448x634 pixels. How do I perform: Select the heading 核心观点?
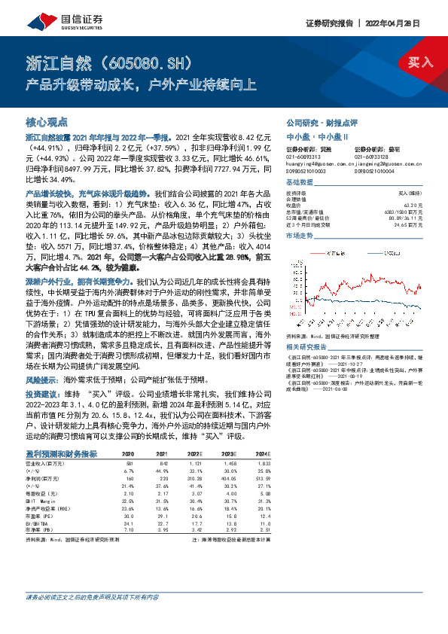coord(47,122)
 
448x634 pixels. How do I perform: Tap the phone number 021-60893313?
coord(303,157)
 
